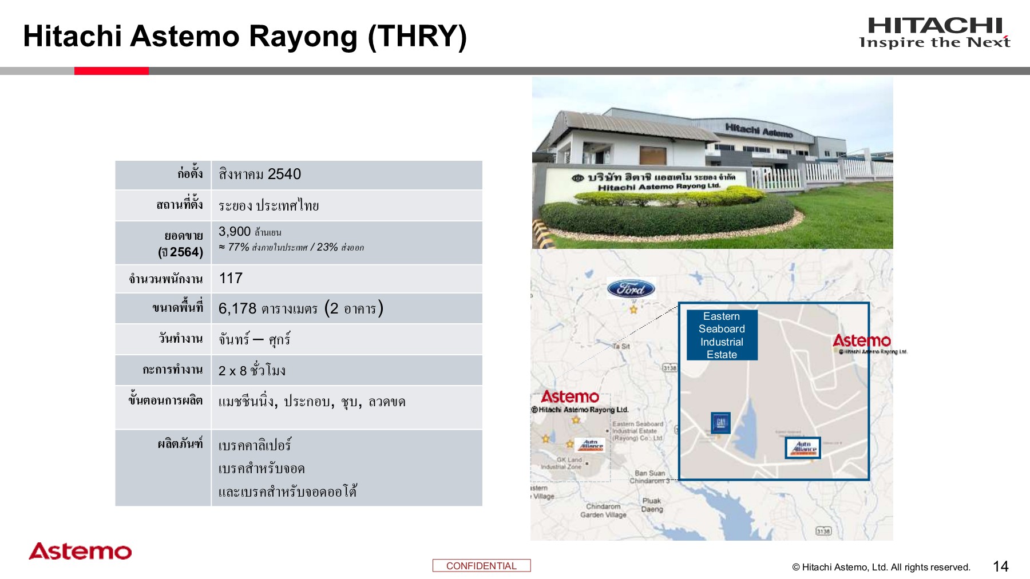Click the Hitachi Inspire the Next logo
tap(934, 33)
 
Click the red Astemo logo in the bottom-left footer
tap(80, 551)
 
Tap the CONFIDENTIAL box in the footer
tap(481, 565)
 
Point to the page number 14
tap(1000, 566)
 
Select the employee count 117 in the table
tap(231, 279)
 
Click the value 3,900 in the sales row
tap(235, 232)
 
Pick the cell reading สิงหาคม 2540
tap(260, 175)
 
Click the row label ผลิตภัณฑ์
tap(180, 443)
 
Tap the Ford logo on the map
tap(631, 289)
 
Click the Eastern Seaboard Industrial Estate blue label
tap(722, 335)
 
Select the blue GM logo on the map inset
tap(720, 423)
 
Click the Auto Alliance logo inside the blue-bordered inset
tap(803, 447)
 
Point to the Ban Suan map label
tap(649, 473)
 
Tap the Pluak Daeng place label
tap(652, 505)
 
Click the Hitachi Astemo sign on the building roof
tap(759, 130)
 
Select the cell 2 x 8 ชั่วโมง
tap(252, 371)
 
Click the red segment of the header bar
tap(112, 71)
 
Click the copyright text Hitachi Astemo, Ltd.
tap(881, 567)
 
